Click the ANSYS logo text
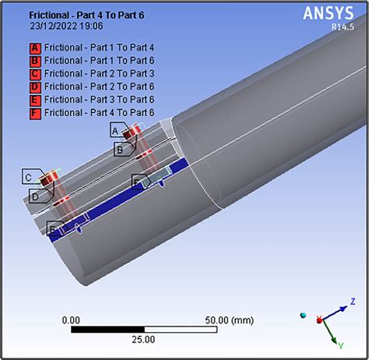[x=328, y=12]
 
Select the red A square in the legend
[x=34, y=48]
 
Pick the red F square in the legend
[x=34, y=113]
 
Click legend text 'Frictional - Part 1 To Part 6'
[x=99, y=61]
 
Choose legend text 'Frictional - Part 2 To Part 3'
[x=99, y=74]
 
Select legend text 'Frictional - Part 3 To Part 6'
[x=99, y=100]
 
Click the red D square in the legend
[x=34, y=86]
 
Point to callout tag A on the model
[x=117, y=129]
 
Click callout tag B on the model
[x=119, y=149]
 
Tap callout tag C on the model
[x=29, y=178]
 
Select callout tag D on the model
[x=34, y=197]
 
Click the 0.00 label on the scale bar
[x=71, y=319]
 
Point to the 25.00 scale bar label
[x=144, y=339]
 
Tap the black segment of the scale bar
[x=107, y=329]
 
